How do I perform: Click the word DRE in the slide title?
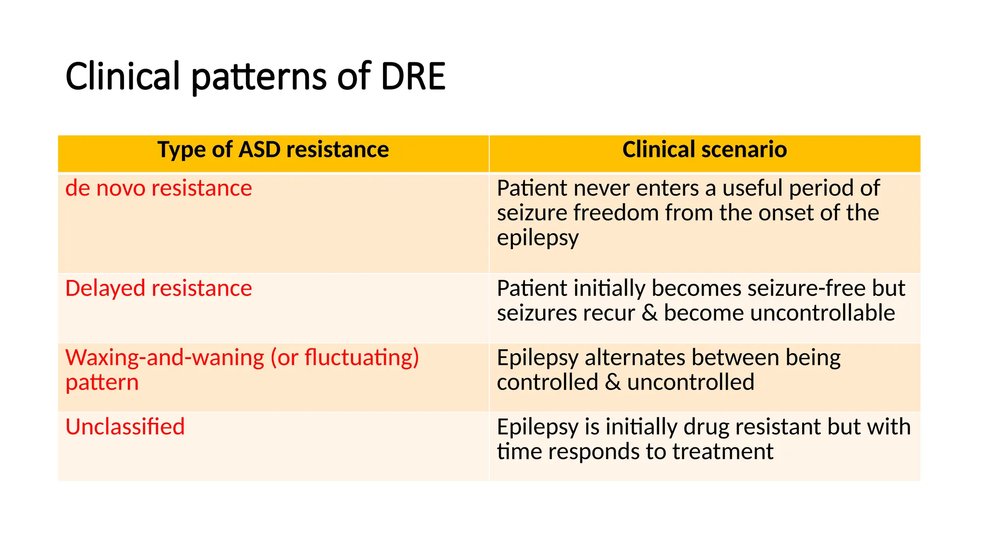(413, 76)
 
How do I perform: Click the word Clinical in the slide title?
(123, 76)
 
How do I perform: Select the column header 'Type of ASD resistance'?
(273, 150)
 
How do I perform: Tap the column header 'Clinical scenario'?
(705, 150)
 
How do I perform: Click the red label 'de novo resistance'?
(158, 188)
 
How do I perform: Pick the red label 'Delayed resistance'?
(158, 289)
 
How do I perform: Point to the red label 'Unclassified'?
(125, 427)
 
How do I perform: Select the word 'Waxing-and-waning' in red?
(165, 358)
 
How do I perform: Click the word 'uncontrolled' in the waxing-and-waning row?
(691, 382)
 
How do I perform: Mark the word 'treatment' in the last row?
(722, 452)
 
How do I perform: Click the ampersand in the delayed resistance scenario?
(650, 313)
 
